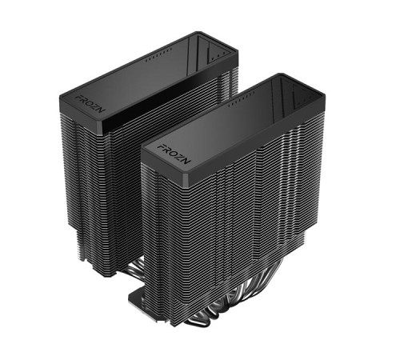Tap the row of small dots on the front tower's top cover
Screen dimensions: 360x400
click(x=240, y=102)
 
